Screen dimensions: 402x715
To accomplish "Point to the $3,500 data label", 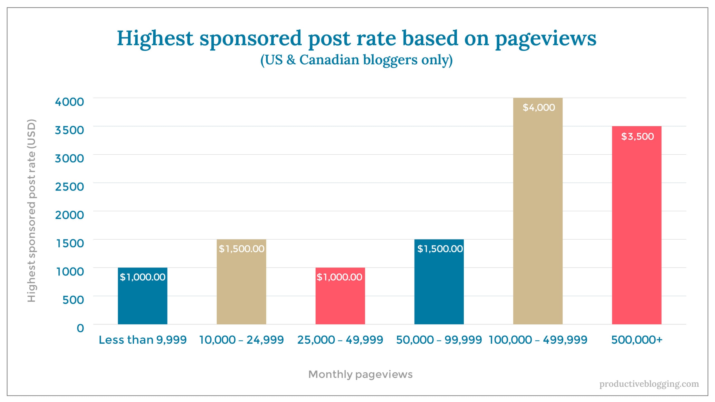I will coord(637,137).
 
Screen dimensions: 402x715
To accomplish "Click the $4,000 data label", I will coord(538,107).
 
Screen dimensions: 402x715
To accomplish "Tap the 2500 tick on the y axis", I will coord(70,187).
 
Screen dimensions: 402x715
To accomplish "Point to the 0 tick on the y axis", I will coord(80,328).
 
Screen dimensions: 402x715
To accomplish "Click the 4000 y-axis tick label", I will coord(70,102).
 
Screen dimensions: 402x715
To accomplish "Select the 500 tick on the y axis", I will coord(73,300).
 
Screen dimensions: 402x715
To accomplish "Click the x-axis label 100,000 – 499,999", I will coord(538,340).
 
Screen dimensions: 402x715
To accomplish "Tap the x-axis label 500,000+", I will coord(637,340).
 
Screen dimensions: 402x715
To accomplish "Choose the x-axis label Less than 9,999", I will coord(142,340).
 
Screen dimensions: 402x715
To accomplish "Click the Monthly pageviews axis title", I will coord(360,374).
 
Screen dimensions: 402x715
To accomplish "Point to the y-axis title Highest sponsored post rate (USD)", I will coord(32,211).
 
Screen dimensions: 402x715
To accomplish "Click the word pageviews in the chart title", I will coord(545,39).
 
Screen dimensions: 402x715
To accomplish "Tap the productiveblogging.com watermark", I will coord(649,384).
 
